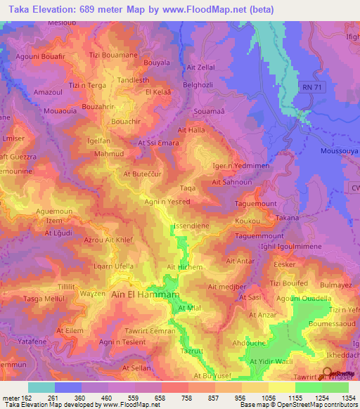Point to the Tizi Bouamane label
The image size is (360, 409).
click(x=112, y=54)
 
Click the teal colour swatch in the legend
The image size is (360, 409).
click(x=41, y=387)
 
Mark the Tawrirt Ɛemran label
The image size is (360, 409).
click(x=148, y=331)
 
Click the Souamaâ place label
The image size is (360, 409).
click(x=209, y=112)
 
